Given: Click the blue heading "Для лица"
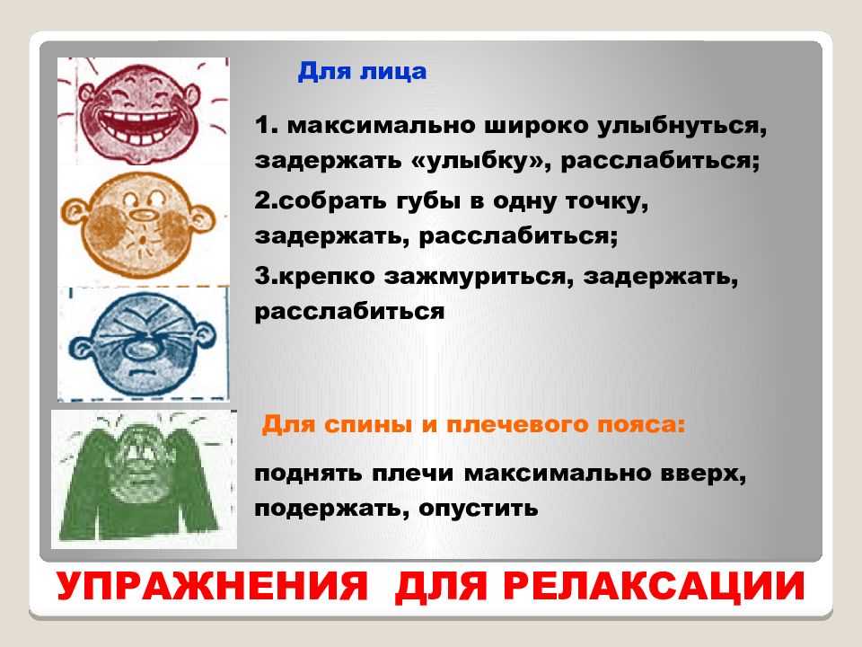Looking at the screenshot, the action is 362,72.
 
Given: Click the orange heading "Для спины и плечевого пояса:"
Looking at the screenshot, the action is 474,425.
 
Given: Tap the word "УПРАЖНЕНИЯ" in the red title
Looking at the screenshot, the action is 212,586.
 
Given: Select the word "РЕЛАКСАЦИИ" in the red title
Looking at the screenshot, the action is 655,586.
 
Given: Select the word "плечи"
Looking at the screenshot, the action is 412,474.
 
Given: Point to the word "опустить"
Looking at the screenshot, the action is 479,509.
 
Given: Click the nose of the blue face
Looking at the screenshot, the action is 143,349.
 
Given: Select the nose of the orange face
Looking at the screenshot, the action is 144,214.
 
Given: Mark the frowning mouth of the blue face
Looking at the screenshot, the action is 143,371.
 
